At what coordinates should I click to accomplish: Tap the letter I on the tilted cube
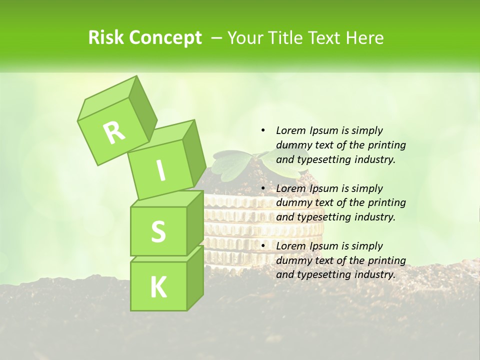point(160,171)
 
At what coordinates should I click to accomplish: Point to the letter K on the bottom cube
point(158,287)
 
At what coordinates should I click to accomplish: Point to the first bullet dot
point(263,130)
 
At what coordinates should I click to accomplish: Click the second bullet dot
point(263,188)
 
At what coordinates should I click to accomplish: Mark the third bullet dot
point(263,246)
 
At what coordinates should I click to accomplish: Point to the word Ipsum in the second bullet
point(324,188)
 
